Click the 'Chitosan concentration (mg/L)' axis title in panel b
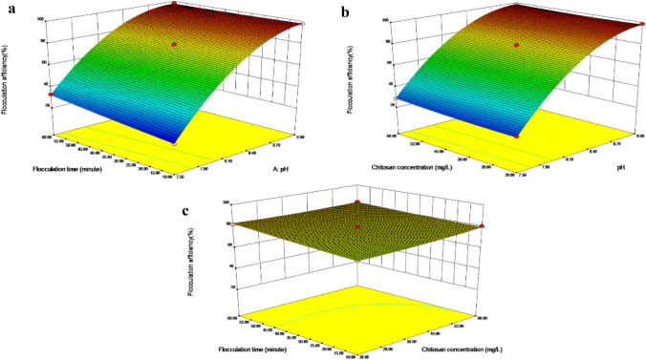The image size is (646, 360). point(409,168)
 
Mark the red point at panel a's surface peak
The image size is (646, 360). point(174,4)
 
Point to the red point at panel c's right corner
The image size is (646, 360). point(482,226)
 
